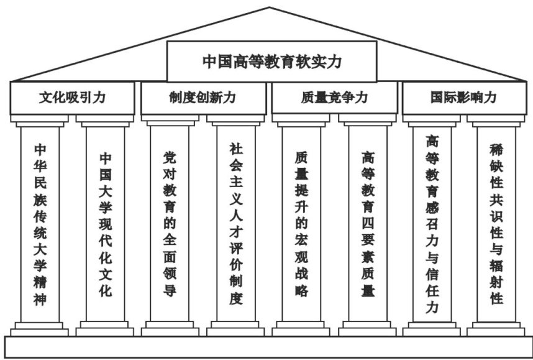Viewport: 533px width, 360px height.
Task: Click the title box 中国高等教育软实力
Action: (271, 62)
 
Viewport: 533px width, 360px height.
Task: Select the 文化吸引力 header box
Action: (72, 98)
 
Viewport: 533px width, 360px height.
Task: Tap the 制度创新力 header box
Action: (203, 98)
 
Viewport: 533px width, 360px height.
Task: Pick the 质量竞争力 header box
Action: (334, 98)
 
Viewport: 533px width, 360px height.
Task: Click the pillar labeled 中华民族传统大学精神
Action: (40, 224)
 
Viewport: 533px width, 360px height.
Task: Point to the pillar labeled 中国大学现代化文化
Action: (106, 224)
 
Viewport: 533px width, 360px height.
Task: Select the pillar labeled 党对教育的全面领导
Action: (170, 224)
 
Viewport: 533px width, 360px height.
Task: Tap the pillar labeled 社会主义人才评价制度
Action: (235, 224)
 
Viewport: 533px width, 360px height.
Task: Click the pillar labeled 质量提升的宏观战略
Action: (301, 224)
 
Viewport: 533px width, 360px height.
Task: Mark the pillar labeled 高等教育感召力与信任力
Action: (432, 224)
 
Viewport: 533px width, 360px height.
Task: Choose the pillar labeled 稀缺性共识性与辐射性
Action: (496, 224)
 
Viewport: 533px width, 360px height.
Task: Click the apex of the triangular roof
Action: (270, 8)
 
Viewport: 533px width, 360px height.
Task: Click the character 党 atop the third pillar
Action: (170, 155)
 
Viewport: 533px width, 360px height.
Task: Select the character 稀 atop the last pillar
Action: (496, 149)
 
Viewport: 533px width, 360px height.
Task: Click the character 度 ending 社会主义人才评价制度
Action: (235, 298)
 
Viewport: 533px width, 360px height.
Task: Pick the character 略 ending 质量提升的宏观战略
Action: (301, 290)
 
